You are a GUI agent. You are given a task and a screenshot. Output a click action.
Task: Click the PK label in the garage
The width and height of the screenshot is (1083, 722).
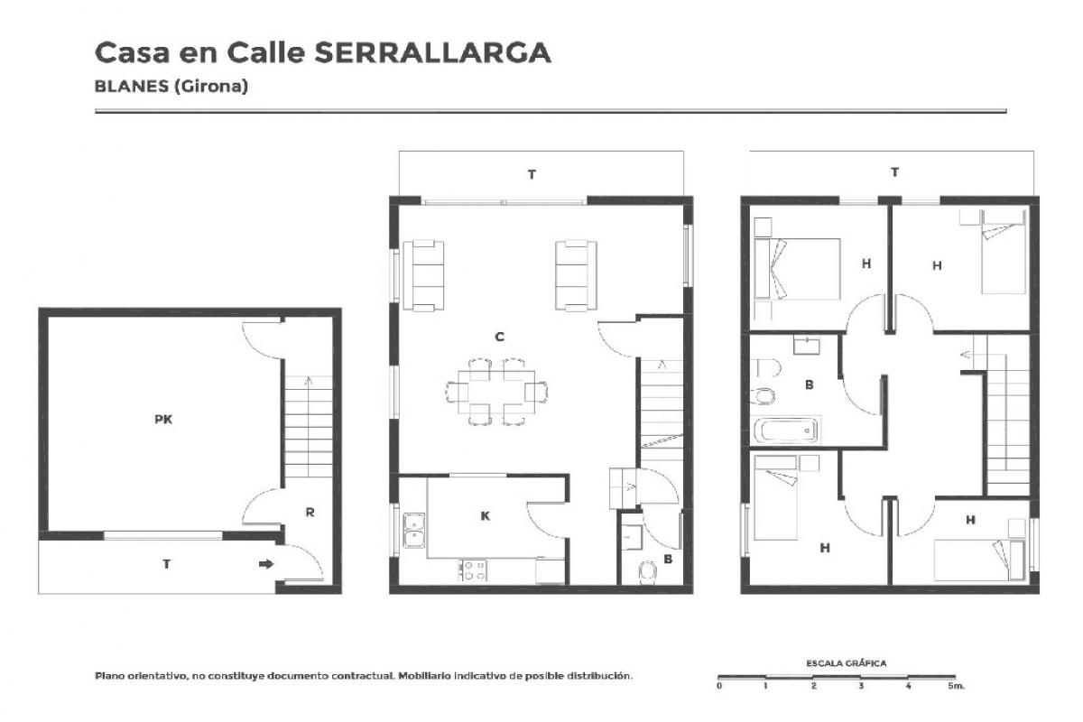[163, 420]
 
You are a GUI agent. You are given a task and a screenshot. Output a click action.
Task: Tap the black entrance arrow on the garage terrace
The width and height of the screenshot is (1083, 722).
[266, 564]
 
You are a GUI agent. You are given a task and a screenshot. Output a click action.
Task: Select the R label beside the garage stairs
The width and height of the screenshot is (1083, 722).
[310, 512]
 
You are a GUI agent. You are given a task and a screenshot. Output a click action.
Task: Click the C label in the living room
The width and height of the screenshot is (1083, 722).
[500, 337]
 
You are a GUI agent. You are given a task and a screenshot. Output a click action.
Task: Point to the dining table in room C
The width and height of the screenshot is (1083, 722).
[496, 392]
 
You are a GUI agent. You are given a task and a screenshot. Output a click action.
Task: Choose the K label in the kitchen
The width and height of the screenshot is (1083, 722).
[485, 516]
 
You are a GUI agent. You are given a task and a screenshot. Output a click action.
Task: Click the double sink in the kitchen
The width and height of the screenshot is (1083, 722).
[414, 531]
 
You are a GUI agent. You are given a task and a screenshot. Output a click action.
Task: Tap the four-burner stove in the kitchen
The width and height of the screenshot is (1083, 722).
[473, 570]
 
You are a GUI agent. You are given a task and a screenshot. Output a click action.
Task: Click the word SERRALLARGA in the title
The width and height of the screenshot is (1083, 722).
[432, 52]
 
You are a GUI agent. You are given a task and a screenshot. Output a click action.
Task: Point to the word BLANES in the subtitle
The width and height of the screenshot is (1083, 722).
[132, 86]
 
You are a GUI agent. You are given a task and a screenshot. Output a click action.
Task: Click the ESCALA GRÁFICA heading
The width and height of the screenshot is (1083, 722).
[847, 663]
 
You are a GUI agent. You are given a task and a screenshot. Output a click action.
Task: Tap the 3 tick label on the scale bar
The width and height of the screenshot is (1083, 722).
[861, 686]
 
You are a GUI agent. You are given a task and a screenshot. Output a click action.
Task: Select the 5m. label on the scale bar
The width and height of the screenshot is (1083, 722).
[956, 686]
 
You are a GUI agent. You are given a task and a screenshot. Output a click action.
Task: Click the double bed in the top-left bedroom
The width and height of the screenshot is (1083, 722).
[797, 268]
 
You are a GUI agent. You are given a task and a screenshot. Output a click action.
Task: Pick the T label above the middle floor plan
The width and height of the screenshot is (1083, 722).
[532, 174]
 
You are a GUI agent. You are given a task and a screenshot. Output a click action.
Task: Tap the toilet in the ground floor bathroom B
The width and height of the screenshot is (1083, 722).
[647, 573]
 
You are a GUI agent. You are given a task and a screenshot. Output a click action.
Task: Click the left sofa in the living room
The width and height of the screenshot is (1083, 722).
[423, 275]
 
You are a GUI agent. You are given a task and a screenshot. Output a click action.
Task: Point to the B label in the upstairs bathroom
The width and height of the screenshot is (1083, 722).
[809, 385]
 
